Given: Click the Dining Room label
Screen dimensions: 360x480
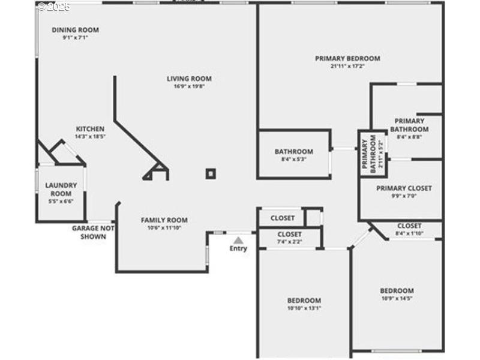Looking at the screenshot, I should coord(75,30).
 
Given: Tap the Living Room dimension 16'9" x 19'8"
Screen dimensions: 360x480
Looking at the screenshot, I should coord(189,86).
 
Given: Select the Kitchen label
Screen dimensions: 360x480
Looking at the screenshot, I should coord(90,129).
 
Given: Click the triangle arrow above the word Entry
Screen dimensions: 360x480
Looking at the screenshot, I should coord(238,240).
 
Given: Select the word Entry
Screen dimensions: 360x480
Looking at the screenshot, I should coord(238,248).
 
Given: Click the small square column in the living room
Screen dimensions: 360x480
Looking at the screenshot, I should coord(211,173).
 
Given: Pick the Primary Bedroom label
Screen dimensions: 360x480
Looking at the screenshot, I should coord(347,58).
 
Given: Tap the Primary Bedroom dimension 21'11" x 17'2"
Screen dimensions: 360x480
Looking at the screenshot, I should coord(347,66).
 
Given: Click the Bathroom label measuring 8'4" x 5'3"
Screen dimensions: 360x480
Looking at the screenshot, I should coord(293,152).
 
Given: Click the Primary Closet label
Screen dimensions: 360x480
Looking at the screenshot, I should coord(404,188).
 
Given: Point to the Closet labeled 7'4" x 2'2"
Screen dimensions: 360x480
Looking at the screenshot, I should coord(289,234).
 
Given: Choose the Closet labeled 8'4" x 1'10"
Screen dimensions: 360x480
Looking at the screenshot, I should coord(409,226).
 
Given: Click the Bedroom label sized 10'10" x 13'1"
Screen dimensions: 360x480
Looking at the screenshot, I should coord(304,301).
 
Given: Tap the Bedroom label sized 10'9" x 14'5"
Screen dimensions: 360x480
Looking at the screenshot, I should coord(397,290).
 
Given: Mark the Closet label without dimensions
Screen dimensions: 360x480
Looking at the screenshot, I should coord(283,218).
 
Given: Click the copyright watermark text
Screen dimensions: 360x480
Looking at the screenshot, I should coord(54,7).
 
